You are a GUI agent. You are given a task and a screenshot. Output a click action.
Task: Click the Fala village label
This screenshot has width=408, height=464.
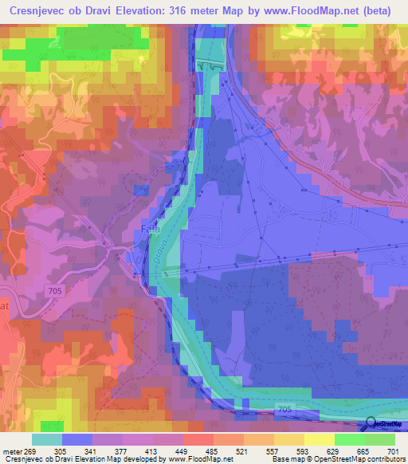coord(151,228)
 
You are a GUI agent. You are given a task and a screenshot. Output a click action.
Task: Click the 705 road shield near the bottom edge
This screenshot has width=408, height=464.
coord(286,408)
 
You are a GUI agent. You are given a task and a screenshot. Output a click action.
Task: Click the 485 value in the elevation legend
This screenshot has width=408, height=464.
coord(213,450)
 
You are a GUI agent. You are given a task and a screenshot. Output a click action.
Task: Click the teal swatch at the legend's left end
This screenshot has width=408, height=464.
coord(47,439)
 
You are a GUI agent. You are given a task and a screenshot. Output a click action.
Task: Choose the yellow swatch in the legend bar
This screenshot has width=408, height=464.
coord(320,439)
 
